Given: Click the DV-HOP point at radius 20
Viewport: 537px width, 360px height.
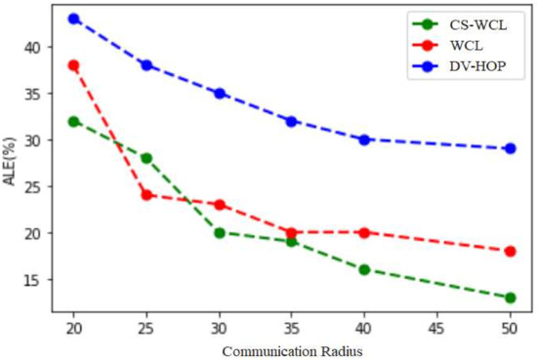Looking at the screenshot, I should [x=73, y=19].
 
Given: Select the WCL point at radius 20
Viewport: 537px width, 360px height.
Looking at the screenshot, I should [x=73, y=65].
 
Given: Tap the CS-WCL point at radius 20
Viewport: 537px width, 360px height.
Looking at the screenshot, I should [x=73, y=121].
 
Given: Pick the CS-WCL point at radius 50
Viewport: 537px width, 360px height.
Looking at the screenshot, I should [x=511, y=298].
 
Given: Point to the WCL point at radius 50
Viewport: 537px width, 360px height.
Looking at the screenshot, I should [x=511, y=251].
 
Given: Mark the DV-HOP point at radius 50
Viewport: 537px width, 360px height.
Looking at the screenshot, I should [x=511, y=148].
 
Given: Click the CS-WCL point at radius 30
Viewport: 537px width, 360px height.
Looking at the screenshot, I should [x=220, y=232].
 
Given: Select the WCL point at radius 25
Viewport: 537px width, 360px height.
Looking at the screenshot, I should [x=146, y=195].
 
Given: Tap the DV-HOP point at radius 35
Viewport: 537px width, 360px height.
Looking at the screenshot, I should [x=292, y=121].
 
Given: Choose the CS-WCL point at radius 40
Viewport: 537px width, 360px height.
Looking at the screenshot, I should [x=365, y=269].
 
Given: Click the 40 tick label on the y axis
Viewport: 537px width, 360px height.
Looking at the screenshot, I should [x=32, y=47].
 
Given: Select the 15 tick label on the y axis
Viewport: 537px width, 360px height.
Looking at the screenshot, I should [x=32, y=280].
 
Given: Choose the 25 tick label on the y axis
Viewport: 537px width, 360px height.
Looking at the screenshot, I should [x=32, y=186].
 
